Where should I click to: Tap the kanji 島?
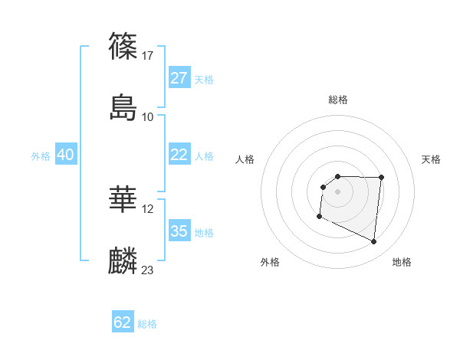coord(123,107)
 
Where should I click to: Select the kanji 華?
coord(123,200)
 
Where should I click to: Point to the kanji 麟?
coord(123,261)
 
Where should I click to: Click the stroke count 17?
coord(148,55)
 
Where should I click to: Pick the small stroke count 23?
coord(148,270)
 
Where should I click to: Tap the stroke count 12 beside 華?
coord(148,208)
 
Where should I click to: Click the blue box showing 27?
coord(179,78)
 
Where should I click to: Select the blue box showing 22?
coord(179,155)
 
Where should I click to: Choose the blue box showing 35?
coord(179,231)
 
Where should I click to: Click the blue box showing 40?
coord(65,155)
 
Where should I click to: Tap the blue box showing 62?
coord(123,322)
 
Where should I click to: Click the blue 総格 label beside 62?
coord(147,324)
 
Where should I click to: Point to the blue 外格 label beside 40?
coord(41,156)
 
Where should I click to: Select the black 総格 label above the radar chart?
coord(338,100)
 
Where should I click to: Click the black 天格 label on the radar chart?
coord(431,159)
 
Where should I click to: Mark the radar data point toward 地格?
coord(374,242)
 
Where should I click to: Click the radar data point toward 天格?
coord(381,177)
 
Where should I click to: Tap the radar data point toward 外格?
coord(319,217)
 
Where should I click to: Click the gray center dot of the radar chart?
coord(337,191)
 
